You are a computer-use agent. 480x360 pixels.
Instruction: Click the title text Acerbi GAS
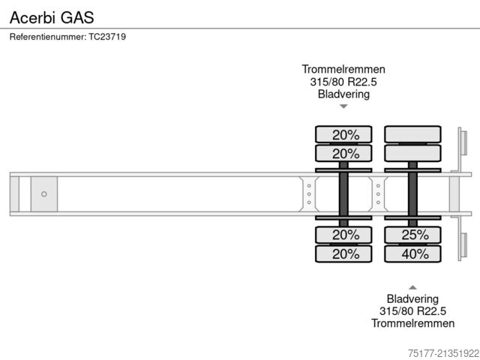click(52, 16)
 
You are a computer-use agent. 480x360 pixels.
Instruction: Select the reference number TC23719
click(107, 37)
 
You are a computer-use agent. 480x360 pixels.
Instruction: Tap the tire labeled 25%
click(412, 235)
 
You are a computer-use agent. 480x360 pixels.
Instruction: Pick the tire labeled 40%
click(412, 253)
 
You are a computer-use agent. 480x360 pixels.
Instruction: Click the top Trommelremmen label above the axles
click(343, 69)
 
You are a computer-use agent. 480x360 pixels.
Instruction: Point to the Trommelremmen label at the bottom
click(412, 323)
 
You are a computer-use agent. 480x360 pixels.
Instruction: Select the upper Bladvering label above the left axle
click(343, 94)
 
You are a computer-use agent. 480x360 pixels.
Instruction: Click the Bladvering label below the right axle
click(412, 298)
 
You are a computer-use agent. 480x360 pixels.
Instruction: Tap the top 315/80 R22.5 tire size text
click(343, 82)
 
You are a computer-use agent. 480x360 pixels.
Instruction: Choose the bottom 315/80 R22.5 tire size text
click(412, 310)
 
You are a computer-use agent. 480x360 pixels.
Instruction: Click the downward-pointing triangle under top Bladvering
click(343, 107)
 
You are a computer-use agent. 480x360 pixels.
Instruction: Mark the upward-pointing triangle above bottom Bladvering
click(412, 286)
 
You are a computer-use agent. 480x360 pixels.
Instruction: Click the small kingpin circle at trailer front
click(44, 194)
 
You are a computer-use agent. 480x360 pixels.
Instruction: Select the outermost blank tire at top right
click(412, 134)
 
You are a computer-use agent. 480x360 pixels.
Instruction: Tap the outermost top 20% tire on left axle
click(343, 134)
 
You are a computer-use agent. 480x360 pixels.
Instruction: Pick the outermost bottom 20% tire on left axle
click(343, 253)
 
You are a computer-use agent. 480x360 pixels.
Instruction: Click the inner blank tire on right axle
click(412, 154)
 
